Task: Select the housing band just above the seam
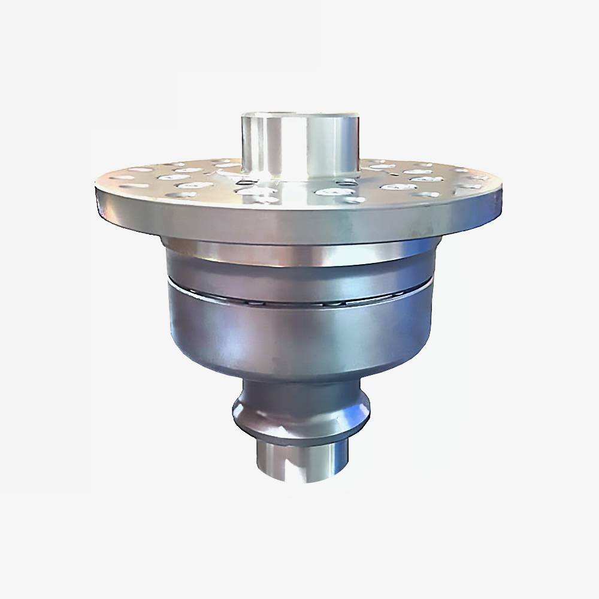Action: (x=299, y=273)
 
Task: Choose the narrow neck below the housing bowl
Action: (x=299, y=388)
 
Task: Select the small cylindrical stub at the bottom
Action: (x=299, y=461)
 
